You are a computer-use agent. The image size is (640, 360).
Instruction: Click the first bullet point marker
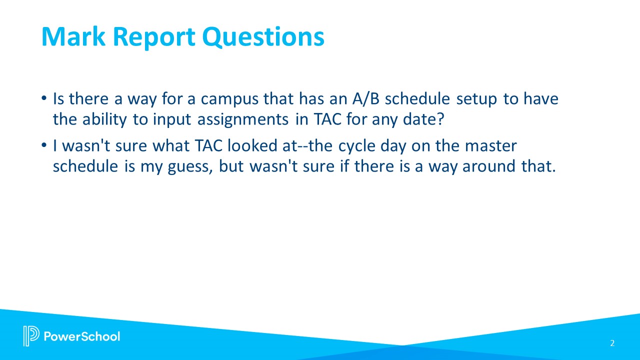tap(45, 99)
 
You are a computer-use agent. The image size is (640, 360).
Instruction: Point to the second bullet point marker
tap(45, 146)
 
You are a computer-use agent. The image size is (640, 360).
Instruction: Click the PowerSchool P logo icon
tap(31, 335)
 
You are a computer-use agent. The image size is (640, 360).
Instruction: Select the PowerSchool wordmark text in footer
tap(82, 336)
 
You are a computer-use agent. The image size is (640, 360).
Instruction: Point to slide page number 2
tap(612, 343)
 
